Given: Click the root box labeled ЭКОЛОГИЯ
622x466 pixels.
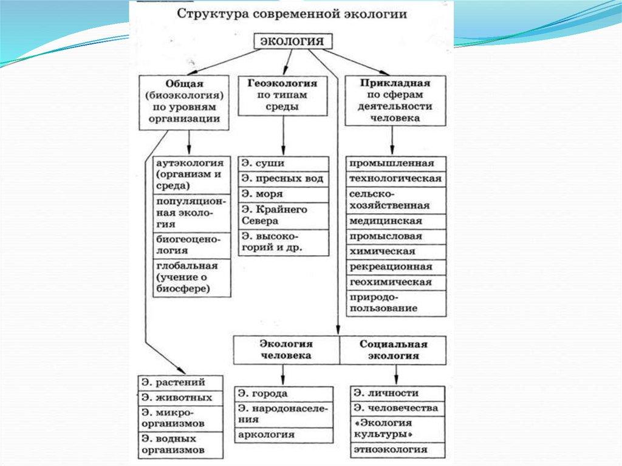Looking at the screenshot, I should click(x=292, y=41).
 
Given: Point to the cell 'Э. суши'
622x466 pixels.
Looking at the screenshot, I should click(x=283, y=164).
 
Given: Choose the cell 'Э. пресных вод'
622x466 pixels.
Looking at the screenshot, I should click(x=283, y=179).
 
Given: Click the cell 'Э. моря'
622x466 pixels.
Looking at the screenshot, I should click(x=283, y=194).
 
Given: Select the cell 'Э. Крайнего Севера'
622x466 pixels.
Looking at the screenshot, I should click(x=283, y=215).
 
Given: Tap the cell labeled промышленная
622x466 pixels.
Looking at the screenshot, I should click(x=395, y=164).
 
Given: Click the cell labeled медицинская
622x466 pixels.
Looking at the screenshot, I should click(x=395, y=221).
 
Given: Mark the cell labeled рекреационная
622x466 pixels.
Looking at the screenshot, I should click(x=395, y=267).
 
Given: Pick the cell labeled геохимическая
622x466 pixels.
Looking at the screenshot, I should click(x=395, y=282).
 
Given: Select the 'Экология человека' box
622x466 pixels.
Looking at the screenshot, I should click(x=286, y=350).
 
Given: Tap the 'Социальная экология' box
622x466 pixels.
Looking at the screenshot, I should click(x=393, y=350).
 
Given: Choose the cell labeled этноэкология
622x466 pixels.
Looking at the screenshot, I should click(x=398, y=450).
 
